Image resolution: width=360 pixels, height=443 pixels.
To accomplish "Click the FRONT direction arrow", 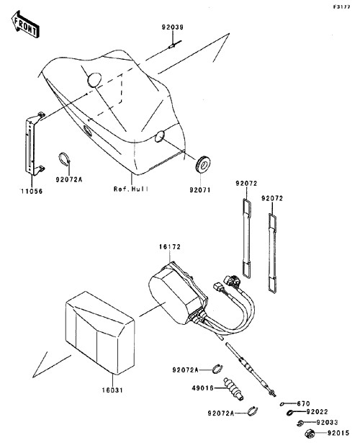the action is (25, 24).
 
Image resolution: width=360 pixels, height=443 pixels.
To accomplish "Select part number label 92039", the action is (173, 27).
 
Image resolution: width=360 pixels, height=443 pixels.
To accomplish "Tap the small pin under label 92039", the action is (175, 44).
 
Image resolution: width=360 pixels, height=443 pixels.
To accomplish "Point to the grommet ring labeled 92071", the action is (203, 164).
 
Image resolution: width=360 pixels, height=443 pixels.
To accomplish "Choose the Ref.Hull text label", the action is (131, 189).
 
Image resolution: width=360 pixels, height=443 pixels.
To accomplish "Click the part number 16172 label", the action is (169, 246).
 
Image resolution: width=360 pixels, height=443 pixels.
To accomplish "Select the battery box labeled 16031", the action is (100, 333).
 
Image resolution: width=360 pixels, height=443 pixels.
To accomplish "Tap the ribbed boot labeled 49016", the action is (233, 389).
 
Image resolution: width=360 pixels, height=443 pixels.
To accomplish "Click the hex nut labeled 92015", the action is (310, 432).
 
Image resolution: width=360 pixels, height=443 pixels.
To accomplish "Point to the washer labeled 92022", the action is (290, 413).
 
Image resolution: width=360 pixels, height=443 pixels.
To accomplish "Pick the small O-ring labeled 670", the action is (283, 404).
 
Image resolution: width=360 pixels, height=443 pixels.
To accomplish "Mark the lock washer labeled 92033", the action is (300, 423).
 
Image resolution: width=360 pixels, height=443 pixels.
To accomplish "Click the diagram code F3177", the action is (341, 6).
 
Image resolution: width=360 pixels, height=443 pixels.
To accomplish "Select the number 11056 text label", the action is (32, 192).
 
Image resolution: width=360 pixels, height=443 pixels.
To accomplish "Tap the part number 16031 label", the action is (112, 390).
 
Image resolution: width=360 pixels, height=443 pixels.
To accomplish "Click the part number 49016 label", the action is (203, 388).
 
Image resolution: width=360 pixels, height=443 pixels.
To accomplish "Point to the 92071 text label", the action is (200, 190).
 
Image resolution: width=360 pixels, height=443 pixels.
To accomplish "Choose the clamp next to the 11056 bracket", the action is (65, 158).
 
